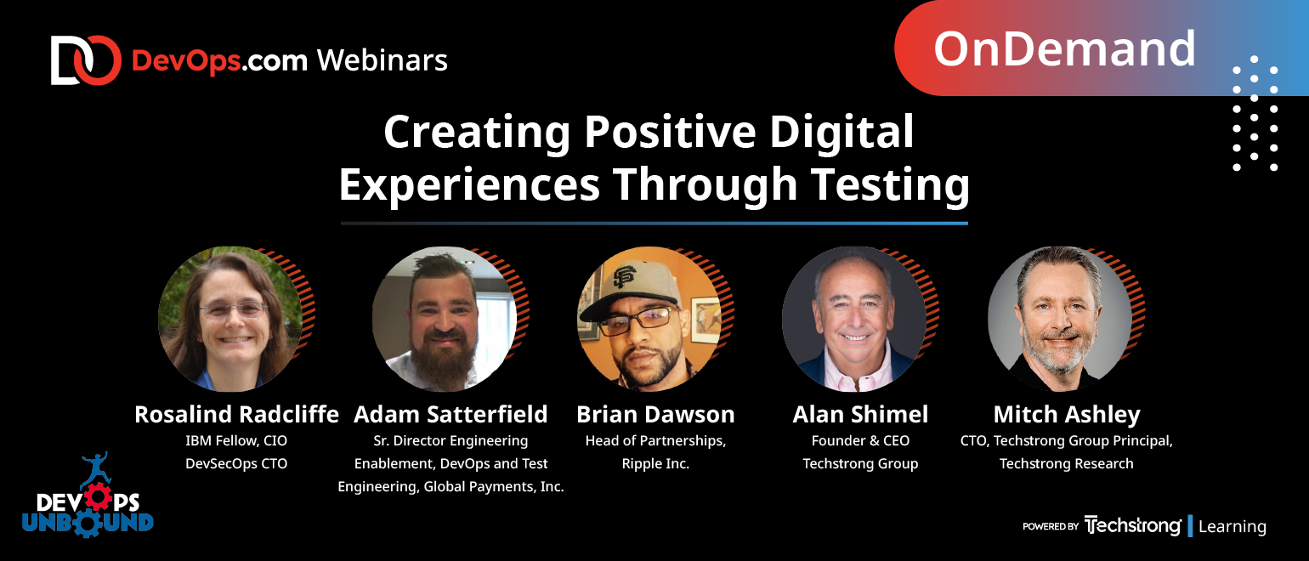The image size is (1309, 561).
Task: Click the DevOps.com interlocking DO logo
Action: pos(86,60)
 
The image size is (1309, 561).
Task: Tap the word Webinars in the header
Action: pos(382,60)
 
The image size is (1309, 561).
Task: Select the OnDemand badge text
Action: pos(1065,48)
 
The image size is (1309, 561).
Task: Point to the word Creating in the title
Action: pos(476,133)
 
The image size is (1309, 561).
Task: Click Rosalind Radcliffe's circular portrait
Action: pos(230,319)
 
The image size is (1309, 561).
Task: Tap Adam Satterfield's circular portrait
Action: pos(444,319)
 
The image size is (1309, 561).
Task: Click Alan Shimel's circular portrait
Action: pos(854,319)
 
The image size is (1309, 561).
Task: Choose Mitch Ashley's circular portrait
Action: pos(1060,319)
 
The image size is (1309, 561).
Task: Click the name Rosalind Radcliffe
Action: pos(236,414)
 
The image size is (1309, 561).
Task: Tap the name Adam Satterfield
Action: pos(450,414)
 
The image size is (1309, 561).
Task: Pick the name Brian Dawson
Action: pos(655,414)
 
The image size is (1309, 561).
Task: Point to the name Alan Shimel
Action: pos(860,414)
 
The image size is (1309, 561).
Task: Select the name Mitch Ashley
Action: pos(1067,415)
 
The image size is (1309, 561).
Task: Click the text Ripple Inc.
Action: pos(655,464)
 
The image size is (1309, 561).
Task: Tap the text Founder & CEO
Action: pos(860,440)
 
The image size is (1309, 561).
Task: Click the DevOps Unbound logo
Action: pos(88,496)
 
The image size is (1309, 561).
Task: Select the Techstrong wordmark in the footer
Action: pos(1132,526)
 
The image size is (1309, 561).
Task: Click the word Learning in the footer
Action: pos(1232,527)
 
